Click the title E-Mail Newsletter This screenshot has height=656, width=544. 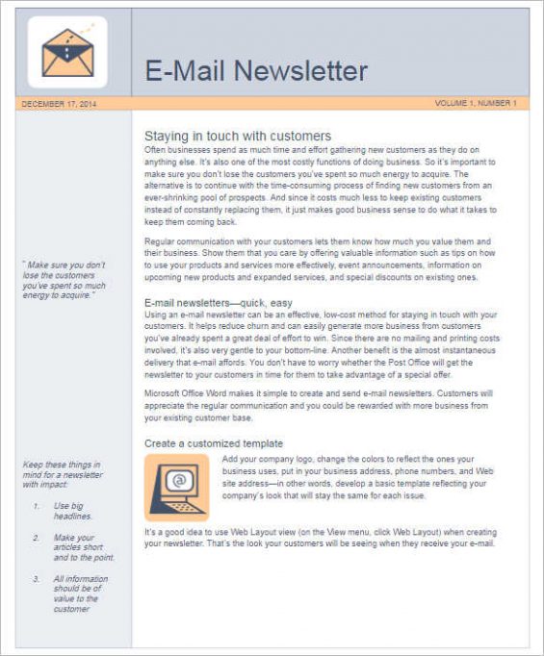256,70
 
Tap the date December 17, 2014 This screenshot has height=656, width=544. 59,103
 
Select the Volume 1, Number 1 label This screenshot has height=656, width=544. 476,103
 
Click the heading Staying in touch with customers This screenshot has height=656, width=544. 237,136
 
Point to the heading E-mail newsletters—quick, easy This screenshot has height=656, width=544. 218,303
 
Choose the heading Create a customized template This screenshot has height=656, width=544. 214,443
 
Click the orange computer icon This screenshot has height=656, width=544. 175,487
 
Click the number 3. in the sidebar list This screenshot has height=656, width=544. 35,579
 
